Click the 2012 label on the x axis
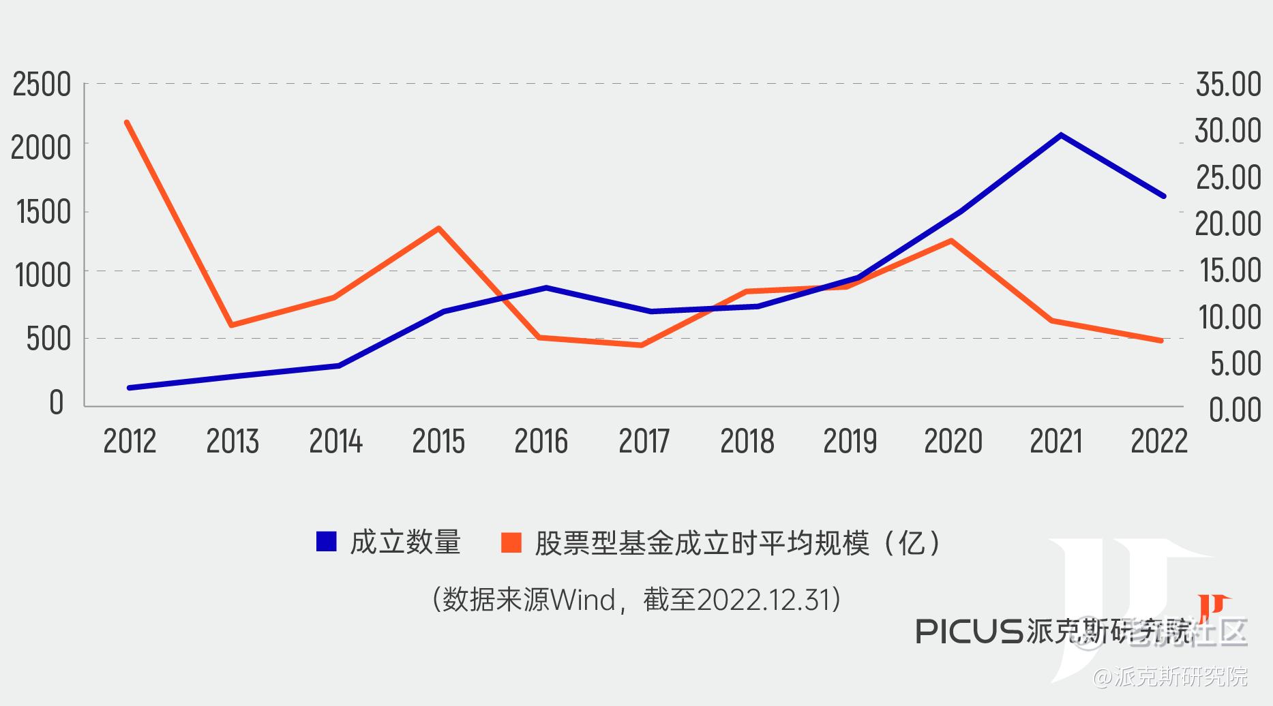tap(130, 442)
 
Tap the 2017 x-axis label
tap(644, 442)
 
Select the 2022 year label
tap(1159, 442)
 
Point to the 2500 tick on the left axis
tap(42, 85)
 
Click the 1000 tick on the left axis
tap(43, 275)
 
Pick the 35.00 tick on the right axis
tap(1228, 85)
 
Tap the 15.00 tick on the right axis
tap(1228, 271)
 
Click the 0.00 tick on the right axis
tap(1234, 410)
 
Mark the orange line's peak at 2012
tap(127, 123)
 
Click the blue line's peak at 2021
tap(1061, 135)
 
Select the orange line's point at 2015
tap(438, 228)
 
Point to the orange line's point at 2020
tap(951, 241)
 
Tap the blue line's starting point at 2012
tap(130, 388)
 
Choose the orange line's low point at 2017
tap(642, 345)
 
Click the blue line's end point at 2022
tap(1163, 196)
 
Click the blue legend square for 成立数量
tap(327, 542)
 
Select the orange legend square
tap(511, 542)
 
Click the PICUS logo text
tap(968, 631)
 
